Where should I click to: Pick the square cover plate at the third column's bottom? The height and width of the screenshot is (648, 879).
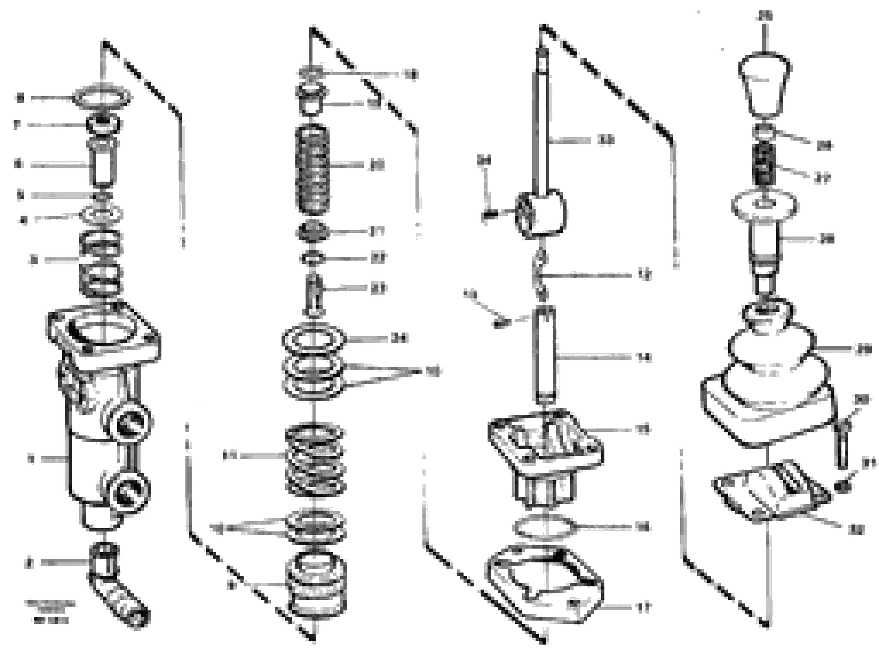coord(545,585)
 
